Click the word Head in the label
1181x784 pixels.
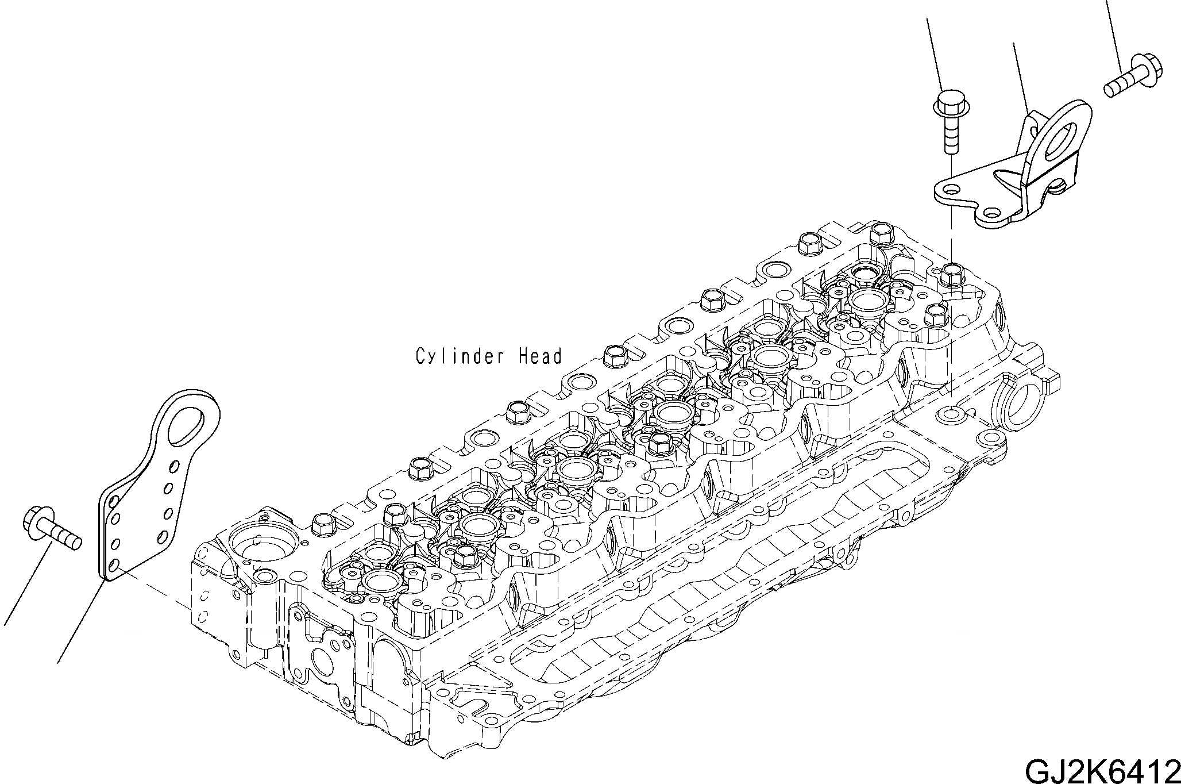(539, 357)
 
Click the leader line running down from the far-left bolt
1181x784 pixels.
(26, 586)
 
